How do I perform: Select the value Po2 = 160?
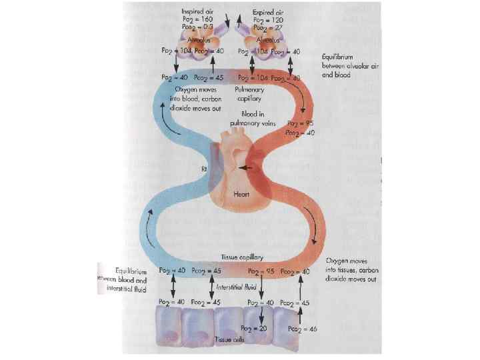point(199,20)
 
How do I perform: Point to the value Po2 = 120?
point(268,20)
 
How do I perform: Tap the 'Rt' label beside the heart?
point(205,169)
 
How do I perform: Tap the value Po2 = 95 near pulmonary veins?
point(300,124)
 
